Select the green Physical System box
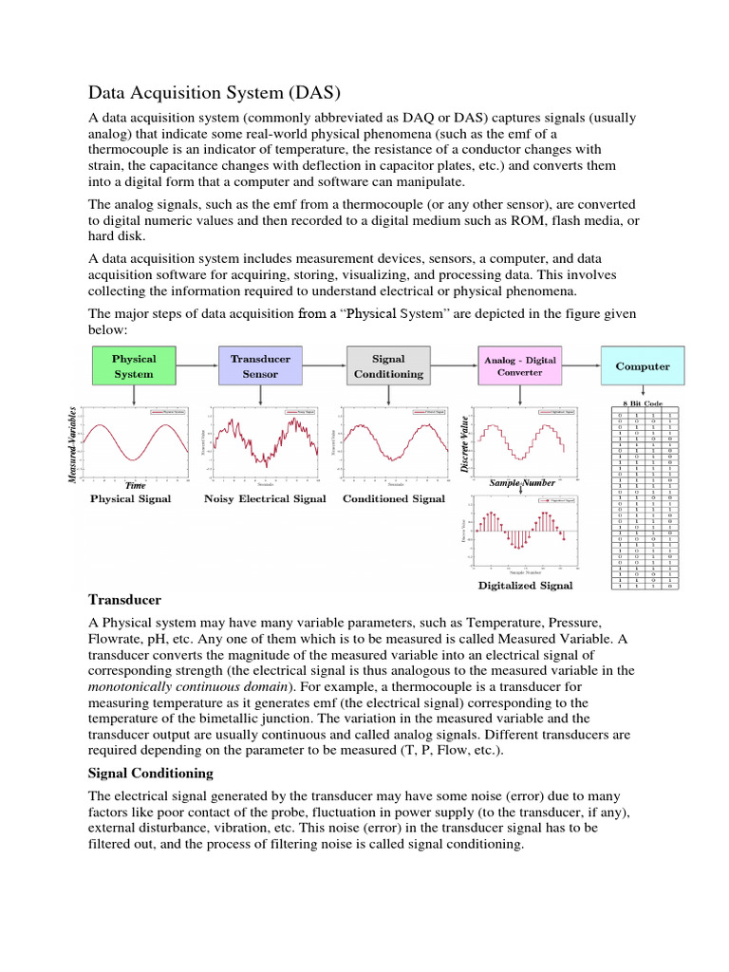click(x=134, y=366)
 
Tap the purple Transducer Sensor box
click(x=260, y=366)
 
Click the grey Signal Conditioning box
click(x=387, y=366)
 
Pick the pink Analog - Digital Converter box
click(x=520, y=366)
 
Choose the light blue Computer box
click(x=643, y=366)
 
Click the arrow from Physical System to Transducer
click(x=197, y=366)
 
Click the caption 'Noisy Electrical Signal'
click(x=265, y=499)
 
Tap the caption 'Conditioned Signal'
click(x=393, y=499)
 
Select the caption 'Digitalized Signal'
click(x=526, y=586)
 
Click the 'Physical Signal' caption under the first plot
click(x=131, y=499)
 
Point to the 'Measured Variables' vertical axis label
click(x=72, y=443)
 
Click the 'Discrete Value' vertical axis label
click(x=464, y=443)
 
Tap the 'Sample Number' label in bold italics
click(x=522, y=483)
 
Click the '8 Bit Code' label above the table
click(x=643, y=403)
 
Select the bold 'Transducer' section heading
click(x=124, y=601)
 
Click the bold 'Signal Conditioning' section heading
click(x=151, y=774)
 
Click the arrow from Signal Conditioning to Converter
click(x=451, y=366)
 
